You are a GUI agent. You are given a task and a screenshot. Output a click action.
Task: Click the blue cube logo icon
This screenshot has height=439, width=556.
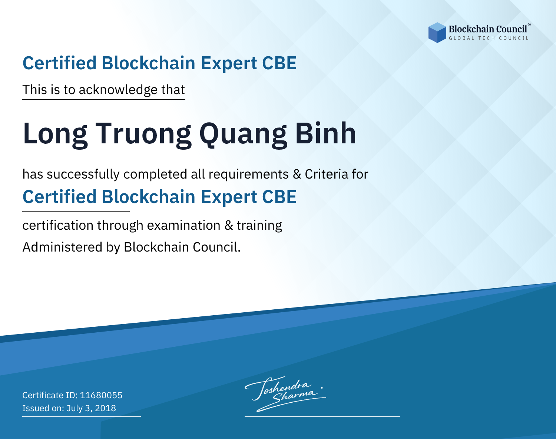click(x=437, y=33)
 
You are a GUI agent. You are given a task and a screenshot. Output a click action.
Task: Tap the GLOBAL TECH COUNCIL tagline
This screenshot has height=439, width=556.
click(x=489, y=38)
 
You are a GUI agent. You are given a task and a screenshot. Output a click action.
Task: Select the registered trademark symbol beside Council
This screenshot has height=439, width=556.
click(x=529, y=25)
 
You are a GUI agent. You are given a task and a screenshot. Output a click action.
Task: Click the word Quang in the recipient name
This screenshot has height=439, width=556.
click(x=243, y=134)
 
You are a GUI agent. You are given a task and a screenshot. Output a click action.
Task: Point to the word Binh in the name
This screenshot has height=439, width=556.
click(x=325, y=133)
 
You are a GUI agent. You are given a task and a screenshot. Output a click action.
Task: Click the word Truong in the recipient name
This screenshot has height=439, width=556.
click(x=143, y=134)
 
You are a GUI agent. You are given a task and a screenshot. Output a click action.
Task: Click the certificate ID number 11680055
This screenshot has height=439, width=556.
click(x=101, y=395)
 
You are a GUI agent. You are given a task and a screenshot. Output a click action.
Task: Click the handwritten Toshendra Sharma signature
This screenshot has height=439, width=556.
click(x=285, y=393)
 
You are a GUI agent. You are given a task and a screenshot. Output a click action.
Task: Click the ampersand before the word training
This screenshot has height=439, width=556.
click(x=229, y=225)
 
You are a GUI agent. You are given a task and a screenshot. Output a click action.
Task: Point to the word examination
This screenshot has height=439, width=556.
click(x=184, y=225)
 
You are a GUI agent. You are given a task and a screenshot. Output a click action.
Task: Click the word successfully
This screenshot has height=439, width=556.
click(x=83, y=174)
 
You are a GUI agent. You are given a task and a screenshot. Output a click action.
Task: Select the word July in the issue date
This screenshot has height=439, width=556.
click(x=75, y=409)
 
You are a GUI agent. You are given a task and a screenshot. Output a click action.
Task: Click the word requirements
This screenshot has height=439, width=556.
click(x=249, y=174)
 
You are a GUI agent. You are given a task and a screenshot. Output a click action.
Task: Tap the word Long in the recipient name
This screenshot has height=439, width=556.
click(x=55, y=134)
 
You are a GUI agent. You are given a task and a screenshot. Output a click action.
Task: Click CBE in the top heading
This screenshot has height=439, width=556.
click(x=279, y=63)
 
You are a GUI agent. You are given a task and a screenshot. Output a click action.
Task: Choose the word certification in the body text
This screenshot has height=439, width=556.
click(x=58, y=225)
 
